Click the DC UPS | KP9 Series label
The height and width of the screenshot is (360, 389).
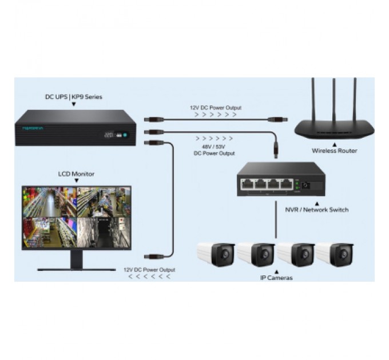point(73,97)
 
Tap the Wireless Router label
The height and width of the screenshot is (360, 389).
point(334,151)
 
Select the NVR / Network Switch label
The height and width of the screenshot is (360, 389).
point(316,210)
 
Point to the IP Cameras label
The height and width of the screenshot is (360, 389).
point(276,278)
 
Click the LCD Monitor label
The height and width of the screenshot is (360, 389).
point(76,174)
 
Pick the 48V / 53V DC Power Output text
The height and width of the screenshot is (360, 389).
point(215,150)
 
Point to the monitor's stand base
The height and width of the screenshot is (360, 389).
point(76,269)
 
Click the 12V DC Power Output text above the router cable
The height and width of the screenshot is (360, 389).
point(215,107)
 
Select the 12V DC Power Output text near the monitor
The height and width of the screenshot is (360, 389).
point(149,269)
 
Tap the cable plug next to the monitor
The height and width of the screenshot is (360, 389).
point(153,257)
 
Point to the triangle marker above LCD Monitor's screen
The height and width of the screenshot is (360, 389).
point(76,181)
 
